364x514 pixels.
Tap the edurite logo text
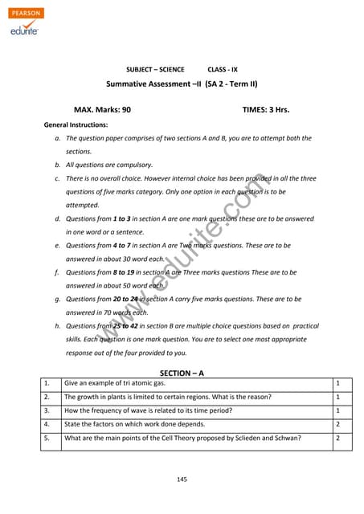pyautogui.click(x=26, y=31)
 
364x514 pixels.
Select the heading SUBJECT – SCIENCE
pyautogui.click(x=155, y=70)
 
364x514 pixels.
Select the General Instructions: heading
pyautogui.click(x=76, y=125)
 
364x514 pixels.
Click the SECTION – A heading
pyautogui.click(x=182, y=373)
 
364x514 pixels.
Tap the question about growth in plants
pyautogui.click(x=167, y=397)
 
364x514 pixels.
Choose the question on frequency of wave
pyautogui.click(x=148, y=410)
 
